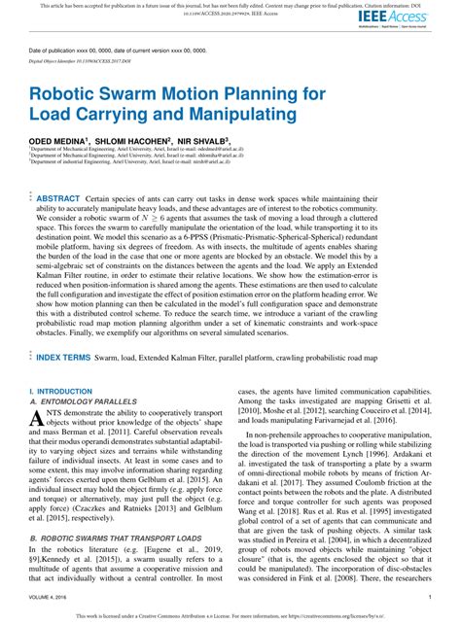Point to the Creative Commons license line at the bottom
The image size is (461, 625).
[230, 616]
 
